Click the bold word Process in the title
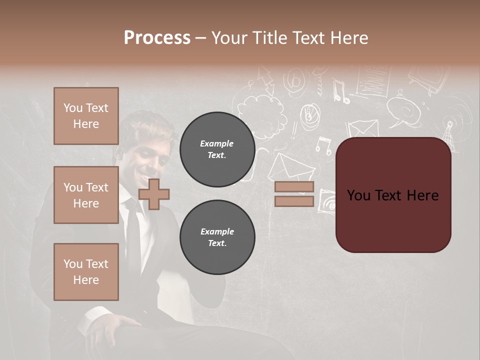tap(157, 38)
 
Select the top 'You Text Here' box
tap(86, 116)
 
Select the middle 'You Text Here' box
tap(86, 195)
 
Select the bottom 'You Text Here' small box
tap(86, 271)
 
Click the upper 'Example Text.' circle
tap(217, 149)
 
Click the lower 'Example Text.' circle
tap(217, 237)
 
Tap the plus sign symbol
tap(154, 194)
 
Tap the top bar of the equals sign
tap(294, 187)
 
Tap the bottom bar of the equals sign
tap(294, 201)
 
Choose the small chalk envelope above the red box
tap(363, 128)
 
